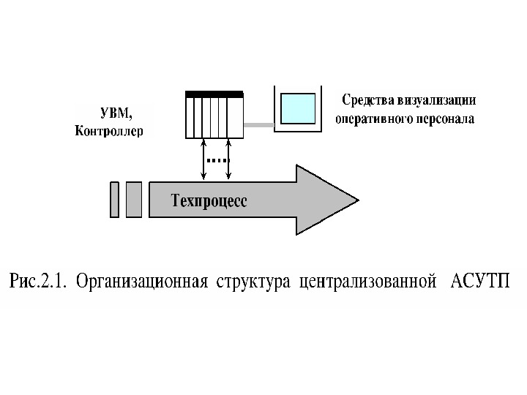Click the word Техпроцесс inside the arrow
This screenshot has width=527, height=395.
click(x=209, y=200)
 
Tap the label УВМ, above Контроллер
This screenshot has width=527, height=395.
click(x=116, y=113)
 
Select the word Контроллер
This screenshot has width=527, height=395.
click(x=110, y=132)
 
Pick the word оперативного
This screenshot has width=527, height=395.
click(x=371, y=118)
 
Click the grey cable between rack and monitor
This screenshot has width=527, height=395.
click(x=258, y=125)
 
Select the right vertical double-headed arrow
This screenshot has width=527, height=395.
click(x=230, y=159)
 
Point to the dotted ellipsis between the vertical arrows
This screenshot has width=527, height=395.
click(x=216, y=159)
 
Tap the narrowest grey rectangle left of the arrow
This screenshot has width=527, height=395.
click(x=115, y=199)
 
